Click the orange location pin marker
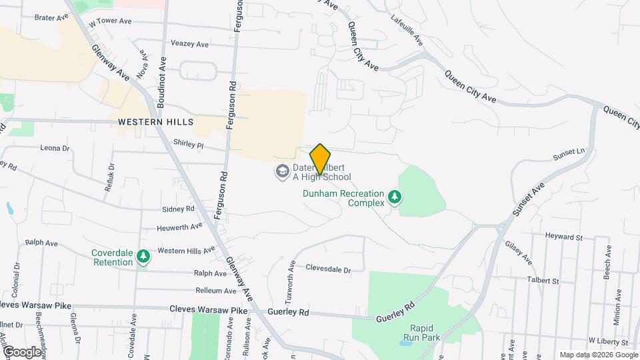coord(320,159)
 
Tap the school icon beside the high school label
coord(282,172)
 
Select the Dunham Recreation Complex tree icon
coord(395,197)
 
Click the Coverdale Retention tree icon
coord(143,257)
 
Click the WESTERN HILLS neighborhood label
coord(155,122)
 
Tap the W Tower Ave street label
coord(110,21)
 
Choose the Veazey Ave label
coord(190,44)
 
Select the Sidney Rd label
coord(178,209)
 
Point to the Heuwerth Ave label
coord(179,226)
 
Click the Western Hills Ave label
coord(186,250)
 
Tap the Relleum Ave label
coord(213,291)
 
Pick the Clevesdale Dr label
coord(328,269)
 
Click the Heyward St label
coord(563,237)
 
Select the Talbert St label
coord(542,281)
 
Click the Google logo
coord(21,351)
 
